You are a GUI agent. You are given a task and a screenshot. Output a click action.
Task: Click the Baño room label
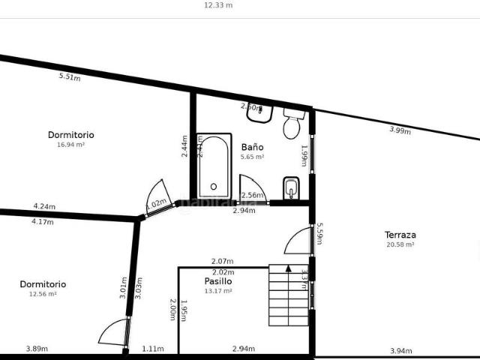tap(252, 147)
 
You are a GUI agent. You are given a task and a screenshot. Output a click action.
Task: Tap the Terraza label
tap(400, 235)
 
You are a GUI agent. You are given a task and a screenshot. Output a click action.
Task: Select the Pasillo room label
tap(218, 281)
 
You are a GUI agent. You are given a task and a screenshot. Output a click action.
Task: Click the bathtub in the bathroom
tap(214, 166)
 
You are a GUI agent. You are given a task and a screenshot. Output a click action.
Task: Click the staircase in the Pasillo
tap(289, 295)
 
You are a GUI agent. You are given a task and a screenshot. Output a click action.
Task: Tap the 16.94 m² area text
tap(70, 145)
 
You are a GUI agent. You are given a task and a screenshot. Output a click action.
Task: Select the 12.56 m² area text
tap(43, 294)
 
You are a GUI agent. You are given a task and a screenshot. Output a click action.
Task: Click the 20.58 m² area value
tap(400, 244)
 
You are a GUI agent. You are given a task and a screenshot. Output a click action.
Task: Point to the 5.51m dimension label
tap(70, 76)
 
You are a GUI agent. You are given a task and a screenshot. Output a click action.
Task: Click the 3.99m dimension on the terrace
tap(400, 130)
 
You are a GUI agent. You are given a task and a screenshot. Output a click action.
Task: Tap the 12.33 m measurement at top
tap(218, 4)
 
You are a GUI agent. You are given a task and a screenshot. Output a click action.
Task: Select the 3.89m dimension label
tap(37, 349)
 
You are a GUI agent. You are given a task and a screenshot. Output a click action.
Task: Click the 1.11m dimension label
tap(153, 349)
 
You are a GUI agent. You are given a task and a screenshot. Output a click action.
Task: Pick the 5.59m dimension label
tap(319, 234)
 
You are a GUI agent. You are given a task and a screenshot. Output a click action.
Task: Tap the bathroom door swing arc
tap(251, 187)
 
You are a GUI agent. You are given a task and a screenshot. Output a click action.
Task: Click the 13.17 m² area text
tap(218, 291)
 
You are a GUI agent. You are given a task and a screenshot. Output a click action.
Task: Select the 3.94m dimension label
tap(401, 350)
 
